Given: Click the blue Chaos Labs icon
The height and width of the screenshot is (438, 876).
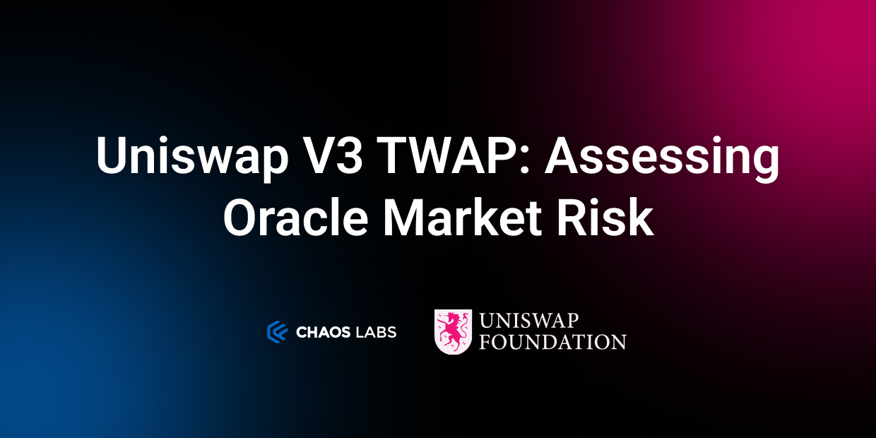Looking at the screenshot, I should [x=276, y=331].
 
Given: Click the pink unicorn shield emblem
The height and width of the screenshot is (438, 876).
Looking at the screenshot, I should [x=453, y=331].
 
